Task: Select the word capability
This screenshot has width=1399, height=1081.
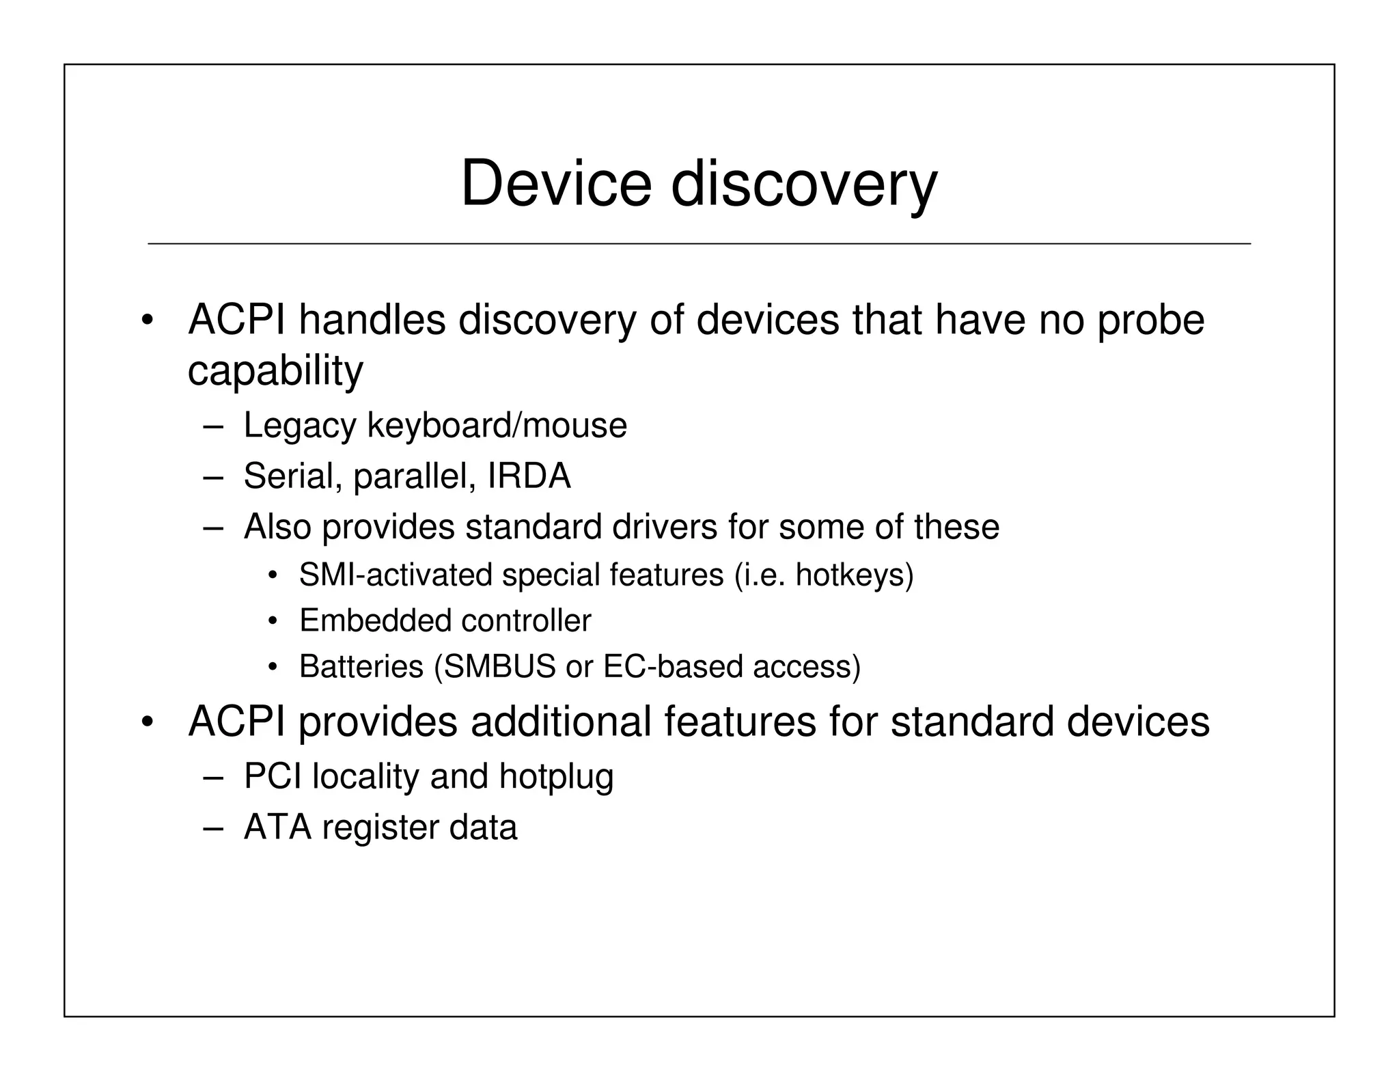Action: [x=275, y=371]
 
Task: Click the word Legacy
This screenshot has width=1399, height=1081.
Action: [x=300, y=426]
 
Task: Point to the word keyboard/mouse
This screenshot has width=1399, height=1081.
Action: [x=497, y=425]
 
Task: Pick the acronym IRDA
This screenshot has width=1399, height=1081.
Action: [x=529, y=476]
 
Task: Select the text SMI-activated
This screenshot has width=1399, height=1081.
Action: [x=395, y=575]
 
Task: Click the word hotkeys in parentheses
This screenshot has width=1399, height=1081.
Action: [x=850, y=575]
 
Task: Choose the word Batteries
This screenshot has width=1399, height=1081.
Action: [x=361, y=666]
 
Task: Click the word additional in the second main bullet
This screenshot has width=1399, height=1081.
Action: [x=560, y=722]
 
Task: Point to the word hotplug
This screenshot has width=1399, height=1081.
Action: [x=556, y=777]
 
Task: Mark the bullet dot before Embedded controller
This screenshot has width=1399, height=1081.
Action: [x=273, y=621]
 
